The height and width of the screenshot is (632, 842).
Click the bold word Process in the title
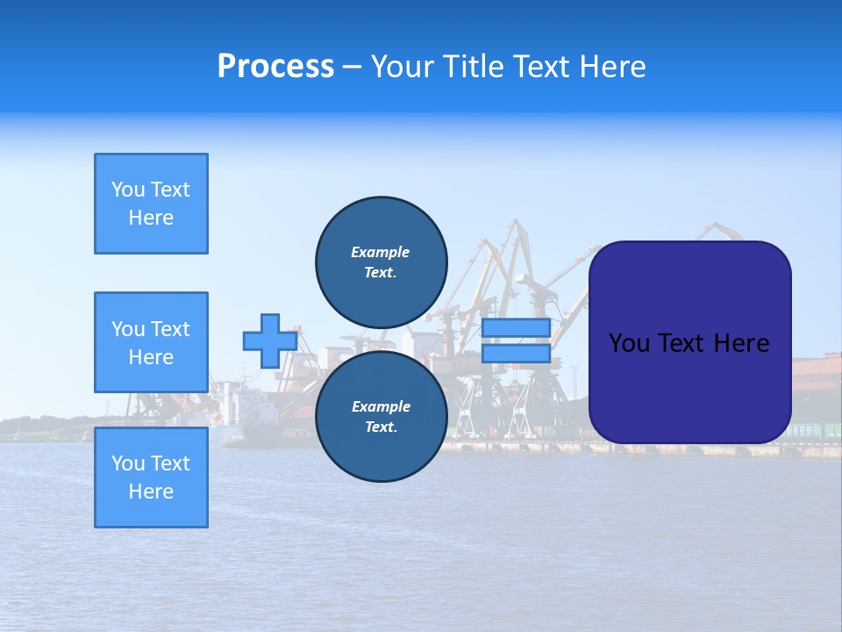[275, 67]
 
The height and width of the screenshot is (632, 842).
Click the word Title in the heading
[471, 67]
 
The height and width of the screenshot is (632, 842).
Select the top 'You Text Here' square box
[151, 204]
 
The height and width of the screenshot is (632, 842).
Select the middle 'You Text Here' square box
[151, 342]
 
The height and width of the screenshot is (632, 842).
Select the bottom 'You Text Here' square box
[151, 477]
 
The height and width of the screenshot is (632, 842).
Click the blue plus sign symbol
[270, 341]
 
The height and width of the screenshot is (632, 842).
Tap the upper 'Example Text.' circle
[381, 262]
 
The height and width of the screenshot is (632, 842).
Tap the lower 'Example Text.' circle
[381, 416]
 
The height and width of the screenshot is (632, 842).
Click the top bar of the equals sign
[516, 327]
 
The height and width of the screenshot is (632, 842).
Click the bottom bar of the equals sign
[516, 354]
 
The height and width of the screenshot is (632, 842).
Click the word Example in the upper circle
[381, 252]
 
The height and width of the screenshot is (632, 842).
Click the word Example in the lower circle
[381, 406]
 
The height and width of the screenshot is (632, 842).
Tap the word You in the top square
[128, 190]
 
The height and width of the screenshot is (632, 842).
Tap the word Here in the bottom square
[151, 492]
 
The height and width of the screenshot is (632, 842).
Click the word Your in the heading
[401, 67]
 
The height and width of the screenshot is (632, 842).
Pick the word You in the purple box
[629, 343]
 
